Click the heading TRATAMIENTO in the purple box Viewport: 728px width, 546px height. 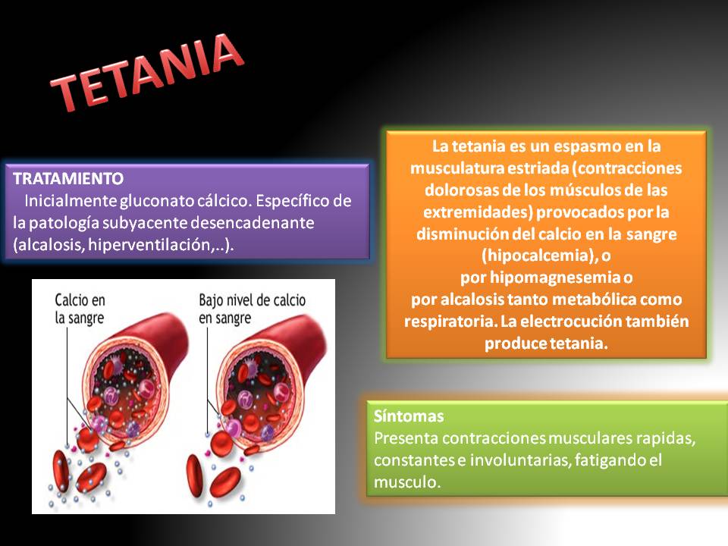(x=68, y=179)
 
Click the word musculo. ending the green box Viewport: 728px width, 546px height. (x=407, y=482)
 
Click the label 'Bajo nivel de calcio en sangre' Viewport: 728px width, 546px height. (x=252, y=308)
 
